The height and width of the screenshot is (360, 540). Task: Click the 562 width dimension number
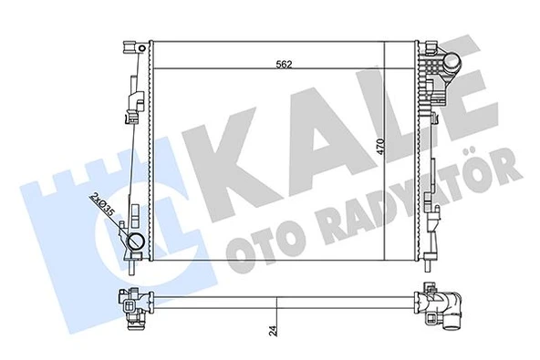(x=286, y=64)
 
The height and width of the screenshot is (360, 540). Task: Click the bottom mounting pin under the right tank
(x=429, y=266)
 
